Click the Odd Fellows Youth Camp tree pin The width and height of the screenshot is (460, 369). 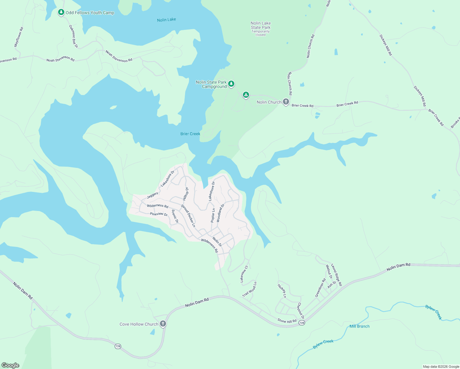coord(61,12)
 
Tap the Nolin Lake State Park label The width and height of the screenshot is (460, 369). coord(260,26)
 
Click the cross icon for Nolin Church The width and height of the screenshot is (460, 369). coord(286,102)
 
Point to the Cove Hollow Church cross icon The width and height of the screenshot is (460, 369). coord(163,323)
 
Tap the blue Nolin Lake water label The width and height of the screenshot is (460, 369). coord(166,20)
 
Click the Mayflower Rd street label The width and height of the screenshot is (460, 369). coord(19,37)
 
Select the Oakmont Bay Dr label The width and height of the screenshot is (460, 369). coord(73,36)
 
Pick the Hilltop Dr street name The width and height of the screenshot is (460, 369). coord(186,194)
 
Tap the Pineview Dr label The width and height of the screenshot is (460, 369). coord(159,214)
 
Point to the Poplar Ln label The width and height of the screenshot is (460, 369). coord(213,215)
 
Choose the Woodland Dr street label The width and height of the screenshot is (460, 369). coord(220,212)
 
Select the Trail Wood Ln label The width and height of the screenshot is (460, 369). coord(249,289)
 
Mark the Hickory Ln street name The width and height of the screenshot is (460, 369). coord(282,291)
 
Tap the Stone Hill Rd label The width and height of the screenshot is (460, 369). coord(287,321)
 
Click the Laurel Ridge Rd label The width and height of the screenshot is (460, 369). coord(336,275)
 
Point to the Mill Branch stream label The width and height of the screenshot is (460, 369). coord(359,326)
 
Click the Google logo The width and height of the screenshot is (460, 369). coord(10,365)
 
